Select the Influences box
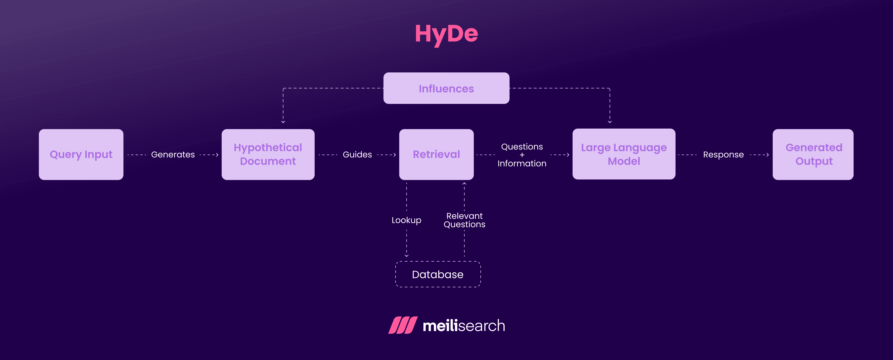point(446,88)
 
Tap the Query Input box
point(81,155)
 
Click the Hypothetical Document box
point(268,155)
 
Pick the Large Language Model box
point(624,154)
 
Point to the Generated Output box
point(813,155)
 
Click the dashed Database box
point(438,274)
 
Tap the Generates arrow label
point(173,155)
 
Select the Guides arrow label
point(357,155)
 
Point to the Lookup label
point(406,220)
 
